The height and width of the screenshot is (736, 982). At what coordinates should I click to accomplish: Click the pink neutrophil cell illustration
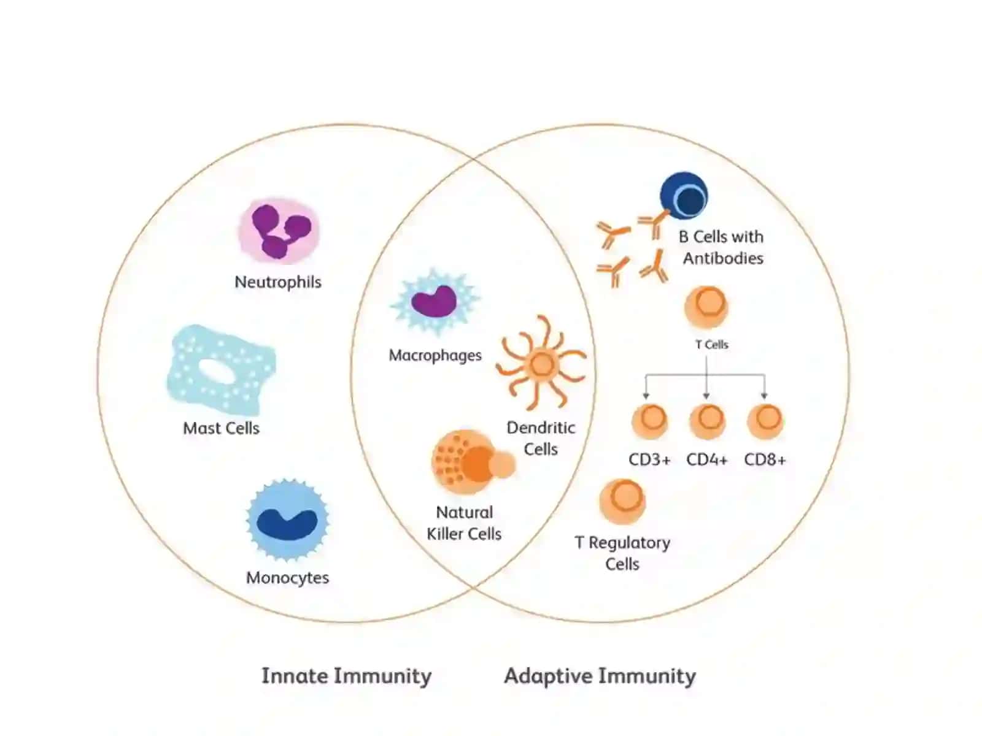(x=278, y=231)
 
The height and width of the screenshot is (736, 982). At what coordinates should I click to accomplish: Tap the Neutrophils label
(x=278, y=282)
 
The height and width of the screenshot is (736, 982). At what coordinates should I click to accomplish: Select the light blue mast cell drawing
(x=221, y=370)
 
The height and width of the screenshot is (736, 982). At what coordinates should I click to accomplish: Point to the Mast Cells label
(x=221, y=428)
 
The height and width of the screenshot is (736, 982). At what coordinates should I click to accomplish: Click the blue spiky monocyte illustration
(x=288, y=519)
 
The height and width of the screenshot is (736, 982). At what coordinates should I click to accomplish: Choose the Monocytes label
(x=287, y=577)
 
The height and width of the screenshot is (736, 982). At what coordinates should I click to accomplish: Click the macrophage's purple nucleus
(x=433, y=301)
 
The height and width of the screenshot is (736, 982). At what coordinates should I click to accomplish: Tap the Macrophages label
(x=435, y=355)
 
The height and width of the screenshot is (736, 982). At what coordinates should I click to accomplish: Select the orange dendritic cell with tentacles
(x=541, y=363)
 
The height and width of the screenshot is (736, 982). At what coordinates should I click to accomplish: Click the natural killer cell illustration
(x=473, y=462)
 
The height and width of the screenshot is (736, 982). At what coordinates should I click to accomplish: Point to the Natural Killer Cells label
(x=464, y=523)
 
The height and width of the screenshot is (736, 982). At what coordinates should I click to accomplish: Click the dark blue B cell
(x=684, y=196)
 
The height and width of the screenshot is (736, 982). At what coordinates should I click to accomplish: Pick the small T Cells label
(x=711, y=345)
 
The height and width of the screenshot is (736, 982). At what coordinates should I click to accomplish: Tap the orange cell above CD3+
(x=649, y=421)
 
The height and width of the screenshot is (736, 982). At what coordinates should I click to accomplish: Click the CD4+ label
(x=707, y=459)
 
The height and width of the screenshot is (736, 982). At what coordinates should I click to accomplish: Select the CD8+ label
(x=765, y=459)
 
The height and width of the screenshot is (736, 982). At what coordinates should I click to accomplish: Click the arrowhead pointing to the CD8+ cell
(x=764, y=396)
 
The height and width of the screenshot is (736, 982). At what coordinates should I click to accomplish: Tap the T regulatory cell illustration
(x=622, y=501)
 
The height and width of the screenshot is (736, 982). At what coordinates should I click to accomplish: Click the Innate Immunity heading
(x=346, y=675)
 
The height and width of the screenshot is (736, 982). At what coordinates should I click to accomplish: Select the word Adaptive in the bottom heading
(x=548, y=675)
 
